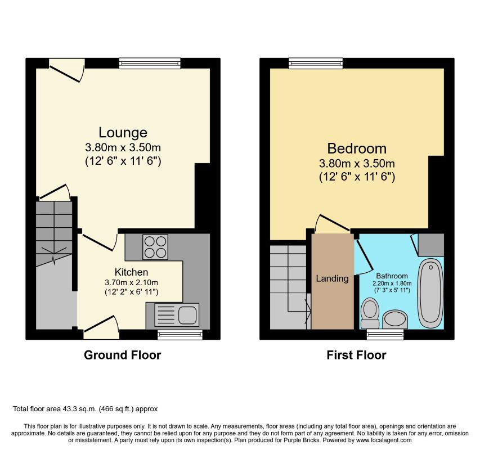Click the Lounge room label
pos(123,132)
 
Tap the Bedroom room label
pos(357,148)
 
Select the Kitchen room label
pos(131,272)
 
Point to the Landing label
pos(332,278)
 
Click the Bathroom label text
pos(392,276)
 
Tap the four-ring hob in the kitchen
pos(155,247)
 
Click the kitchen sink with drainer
pos(177,315)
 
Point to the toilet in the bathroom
pos(370,313)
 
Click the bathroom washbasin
pos(395,319)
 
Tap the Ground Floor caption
pos(123,355)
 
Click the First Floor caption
pos(356,355)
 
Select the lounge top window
pos(150,64)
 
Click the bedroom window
pos(316,64)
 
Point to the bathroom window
pos(385,334)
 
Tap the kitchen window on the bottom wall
pos(180,335)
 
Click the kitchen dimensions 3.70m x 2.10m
pos(131,283)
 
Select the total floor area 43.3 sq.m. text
pos(86,409)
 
